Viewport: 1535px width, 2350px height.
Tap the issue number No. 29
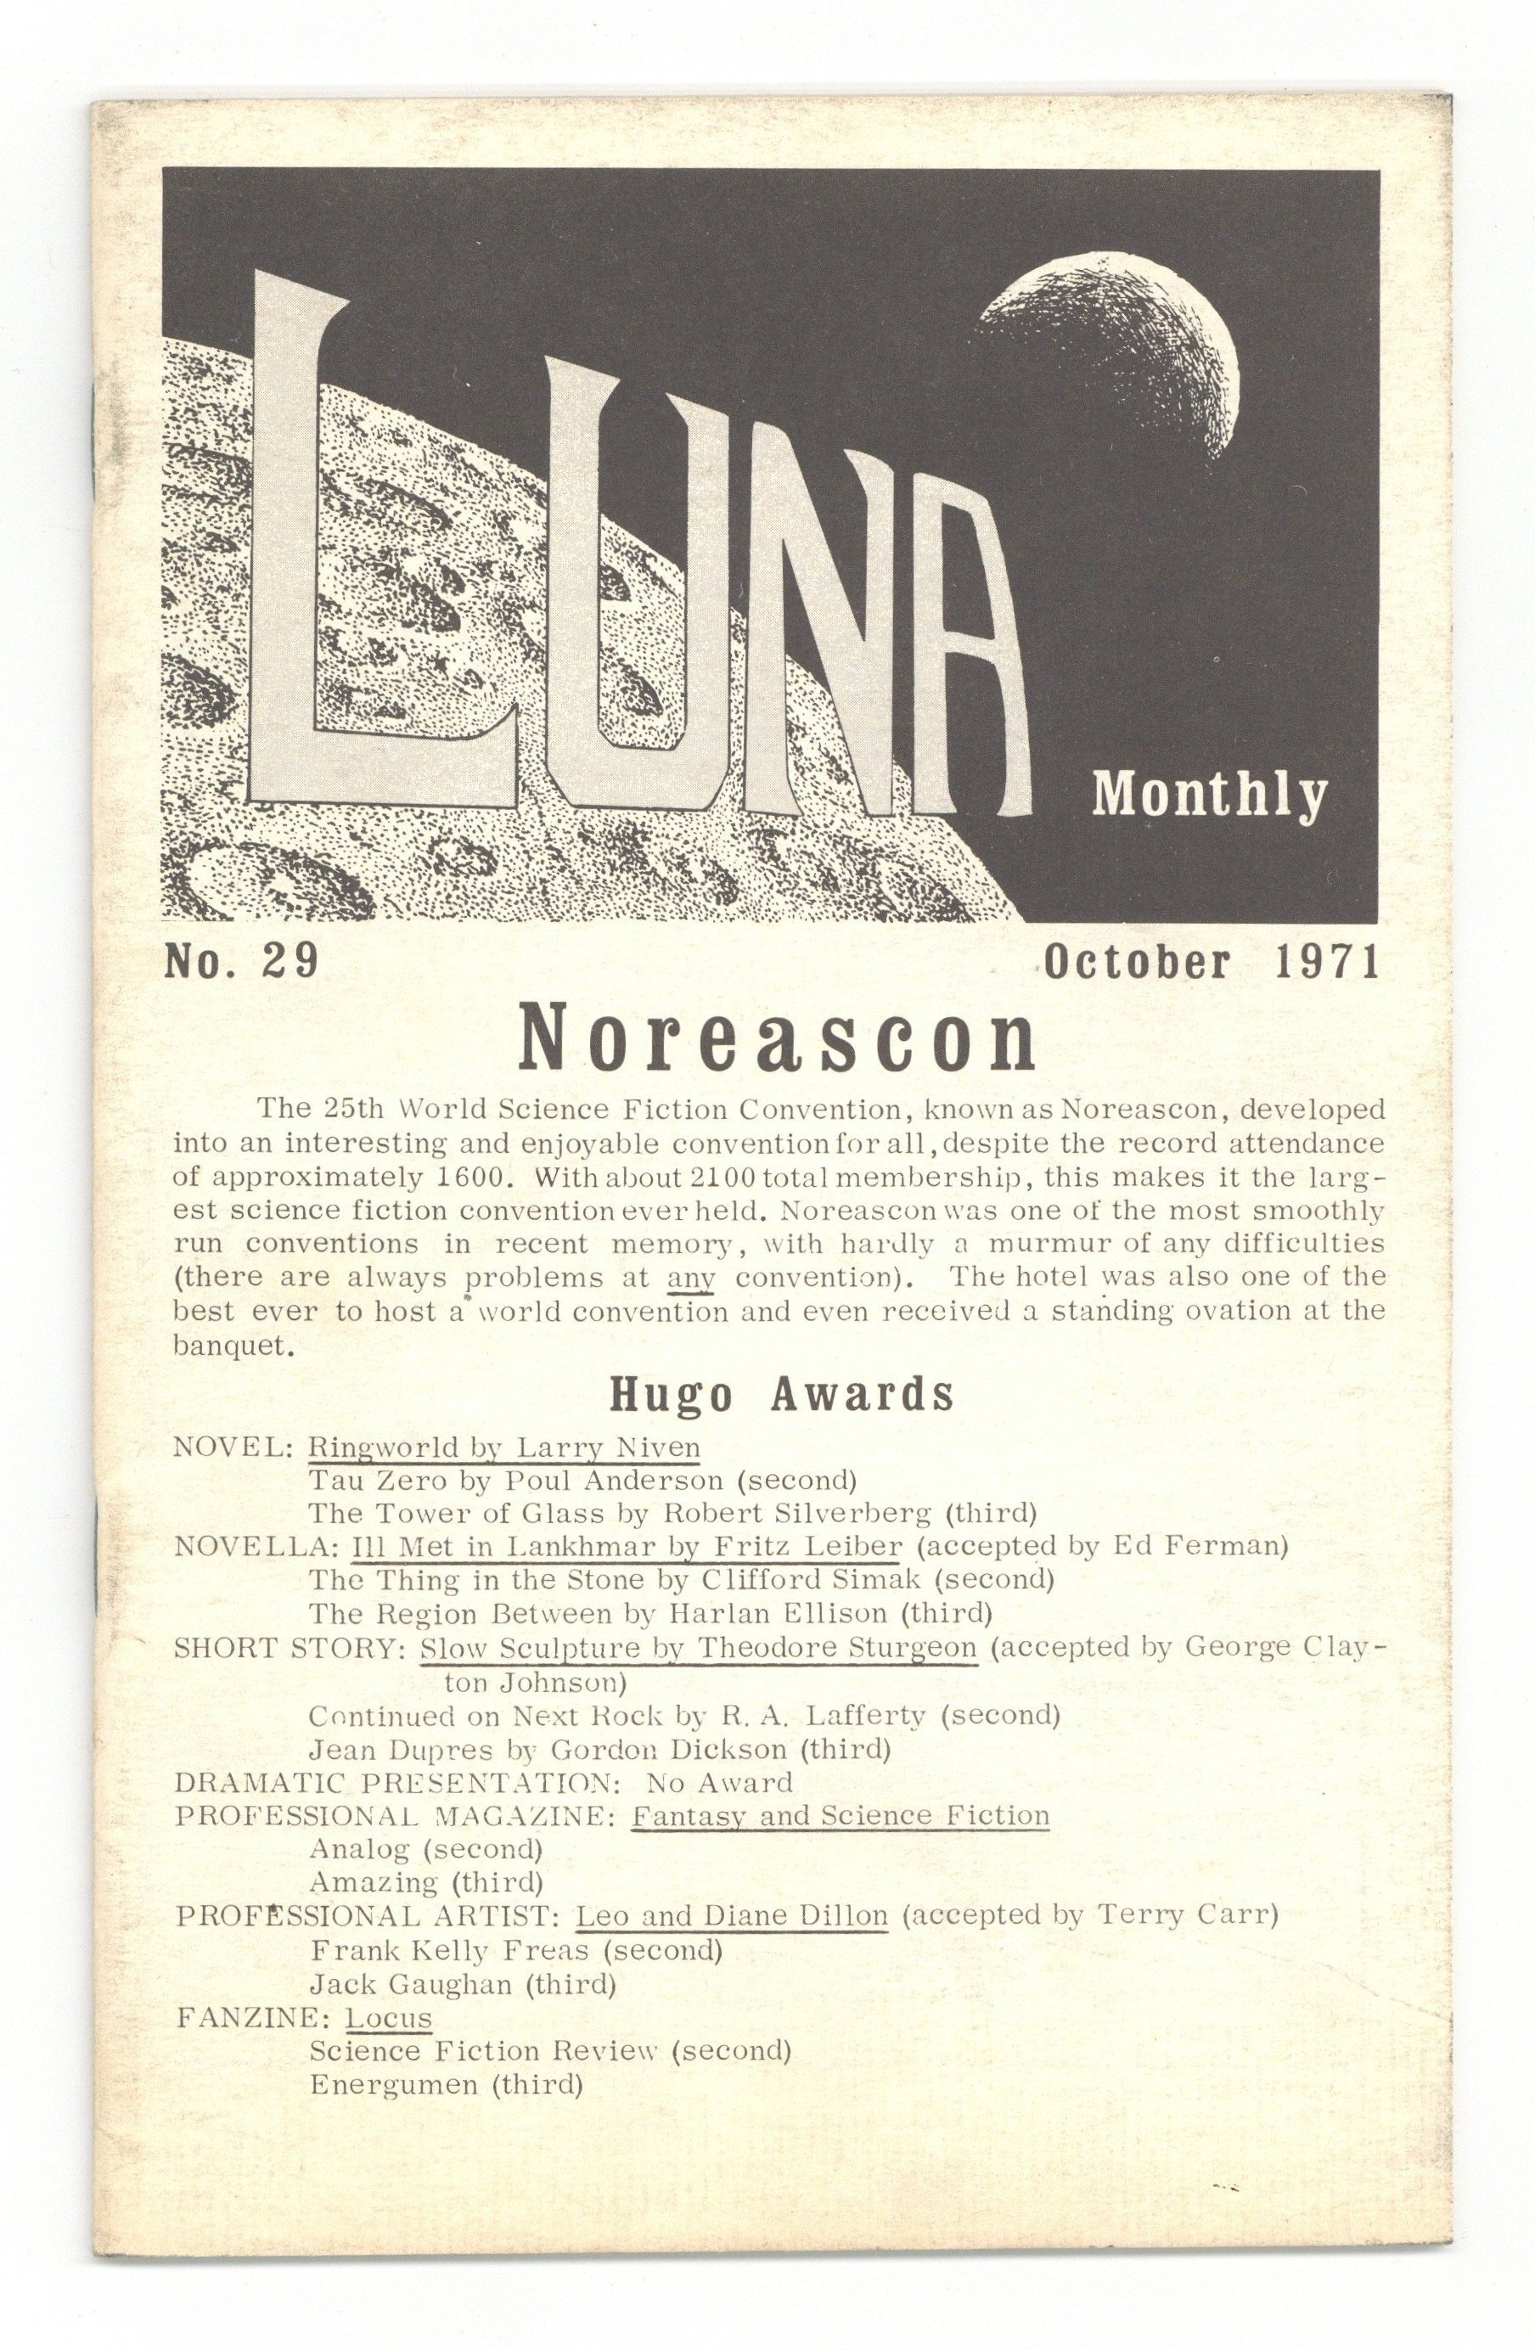point(240,961)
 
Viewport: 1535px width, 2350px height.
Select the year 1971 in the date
point(1327,962)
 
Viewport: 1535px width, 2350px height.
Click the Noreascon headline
point(777,1041)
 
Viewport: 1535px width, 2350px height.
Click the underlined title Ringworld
point(383,1448)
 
